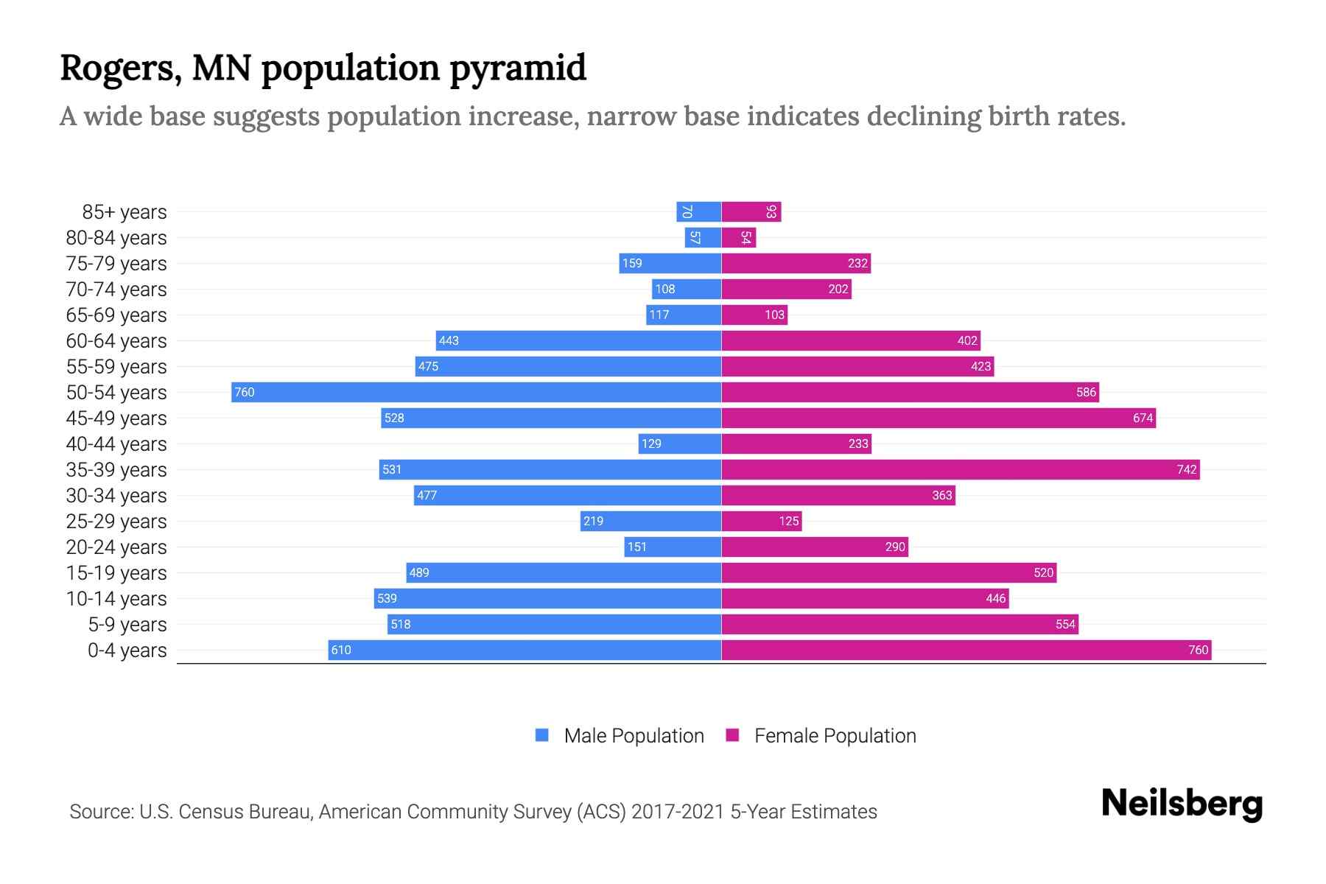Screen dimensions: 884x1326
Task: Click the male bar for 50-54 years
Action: pyautogui.click(x=476, y=392)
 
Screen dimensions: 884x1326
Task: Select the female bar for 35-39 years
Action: pyautogui.click(x=960, y=469)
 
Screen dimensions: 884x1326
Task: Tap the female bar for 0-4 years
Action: pyautogui.click(x=966, y=650)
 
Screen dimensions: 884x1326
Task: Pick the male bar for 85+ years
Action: pyautogui.click(x=698, y=212)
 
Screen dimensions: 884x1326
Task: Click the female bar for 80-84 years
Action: pyautogui.click(x=738, y=238)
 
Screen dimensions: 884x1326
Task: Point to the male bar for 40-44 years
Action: pyautogui.click(x=679, y=443)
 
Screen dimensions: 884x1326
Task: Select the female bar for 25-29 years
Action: pyautogui.click(x=761, y=521)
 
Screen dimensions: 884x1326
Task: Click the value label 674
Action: pyautogui.click(x=1143, y=418)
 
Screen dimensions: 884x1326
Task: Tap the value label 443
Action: pyautogui.click(x=449, y=340)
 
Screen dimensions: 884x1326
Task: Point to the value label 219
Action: pyautogui.click(x=593, y=521)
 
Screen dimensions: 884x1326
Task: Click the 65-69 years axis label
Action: pyautogui.click(x=116, y=315)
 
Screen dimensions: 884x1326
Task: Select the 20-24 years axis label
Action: pyautogui.click(x=116, y=547)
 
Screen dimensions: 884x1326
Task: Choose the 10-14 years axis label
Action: pyautogui.click(x=116, y=599)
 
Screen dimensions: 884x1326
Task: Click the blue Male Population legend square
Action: pyautogui.click(x=542, y=735)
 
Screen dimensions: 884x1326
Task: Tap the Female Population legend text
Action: pyautogui.click(x=835, y=736)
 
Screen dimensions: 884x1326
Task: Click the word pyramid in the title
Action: pyautogui.click(x=518, y=69)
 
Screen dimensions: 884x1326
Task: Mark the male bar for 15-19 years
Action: pyautogui.click(x=563, y=572)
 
